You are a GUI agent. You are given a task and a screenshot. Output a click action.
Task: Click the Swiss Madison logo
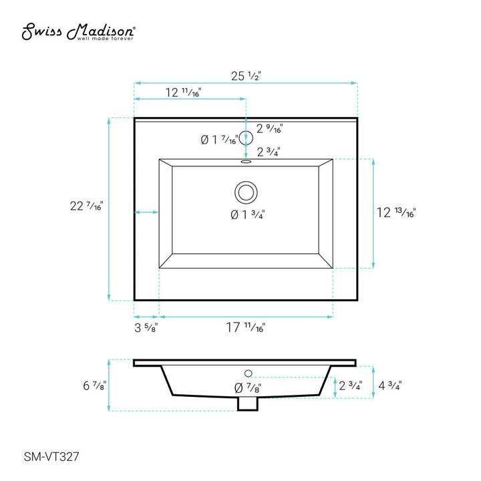coord(78,31)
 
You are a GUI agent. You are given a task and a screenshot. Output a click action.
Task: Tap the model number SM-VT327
coord(51,457)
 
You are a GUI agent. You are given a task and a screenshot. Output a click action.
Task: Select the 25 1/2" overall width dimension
coord(246,75)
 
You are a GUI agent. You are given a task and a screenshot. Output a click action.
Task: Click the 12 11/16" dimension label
coord(183,92)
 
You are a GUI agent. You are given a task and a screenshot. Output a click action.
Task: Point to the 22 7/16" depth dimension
coord(86,206)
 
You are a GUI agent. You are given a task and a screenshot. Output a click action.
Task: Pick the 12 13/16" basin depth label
coord(396,212)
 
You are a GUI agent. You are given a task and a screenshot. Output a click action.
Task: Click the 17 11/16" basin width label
coord(246,327)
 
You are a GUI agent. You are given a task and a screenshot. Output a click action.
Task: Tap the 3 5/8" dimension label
coord(146,327)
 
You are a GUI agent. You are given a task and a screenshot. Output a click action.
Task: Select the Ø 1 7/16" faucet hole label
coord(219,140)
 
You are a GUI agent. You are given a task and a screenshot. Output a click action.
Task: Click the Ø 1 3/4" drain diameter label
coord(248,214)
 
